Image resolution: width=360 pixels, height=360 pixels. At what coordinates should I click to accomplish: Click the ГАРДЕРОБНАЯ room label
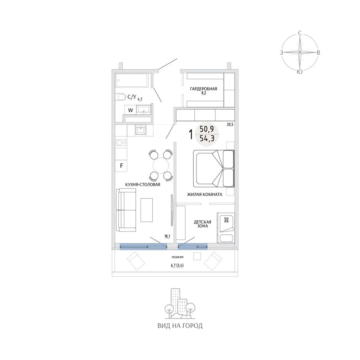(203, 89)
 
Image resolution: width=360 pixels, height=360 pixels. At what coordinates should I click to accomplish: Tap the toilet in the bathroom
(120, 97)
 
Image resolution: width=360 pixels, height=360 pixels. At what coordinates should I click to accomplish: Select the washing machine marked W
(130, 110)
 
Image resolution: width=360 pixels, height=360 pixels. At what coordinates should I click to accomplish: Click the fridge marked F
(121, 165)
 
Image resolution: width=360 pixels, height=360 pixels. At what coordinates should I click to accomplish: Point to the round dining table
(161, 165)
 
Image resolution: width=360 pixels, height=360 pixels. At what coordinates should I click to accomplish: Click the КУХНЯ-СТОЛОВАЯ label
(143, 184)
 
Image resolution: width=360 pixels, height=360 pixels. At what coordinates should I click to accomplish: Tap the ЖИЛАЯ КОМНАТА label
(204, 194)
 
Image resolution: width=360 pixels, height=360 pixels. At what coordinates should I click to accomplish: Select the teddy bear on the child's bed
(226, 220)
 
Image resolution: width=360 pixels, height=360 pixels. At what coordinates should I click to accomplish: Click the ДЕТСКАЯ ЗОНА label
(202, 224)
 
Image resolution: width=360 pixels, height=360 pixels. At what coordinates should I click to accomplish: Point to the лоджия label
(177, 257)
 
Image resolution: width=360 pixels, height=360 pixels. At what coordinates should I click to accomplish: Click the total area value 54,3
(207, 138)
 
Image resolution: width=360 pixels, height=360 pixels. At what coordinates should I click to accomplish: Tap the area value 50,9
(207, 129)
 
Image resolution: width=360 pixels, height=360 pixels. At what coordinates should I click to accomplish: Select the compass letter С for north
(300, 33)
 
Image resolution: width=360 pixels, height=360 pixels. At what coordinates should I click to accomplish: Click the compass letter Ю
(300, 72)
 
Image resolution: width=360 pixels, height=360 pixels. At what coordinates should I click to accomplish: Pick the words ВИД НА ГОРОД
(180, 326)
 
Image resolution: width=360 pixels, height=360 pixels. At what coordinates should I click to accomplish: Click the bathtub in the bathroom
(131, 80)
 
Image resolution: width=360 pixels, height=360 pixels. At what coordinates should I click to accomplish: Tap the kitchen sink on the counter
(140, 129)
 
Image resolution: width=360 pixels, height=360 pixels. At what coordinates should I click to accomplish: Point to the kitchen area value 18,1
(167, 236)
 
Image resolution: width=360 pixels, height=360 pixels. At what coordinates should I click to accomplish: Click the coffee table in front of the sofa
(147, 210)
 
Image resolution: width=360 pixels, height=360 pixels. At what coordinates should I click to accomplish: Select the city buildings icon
(180, 304)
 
